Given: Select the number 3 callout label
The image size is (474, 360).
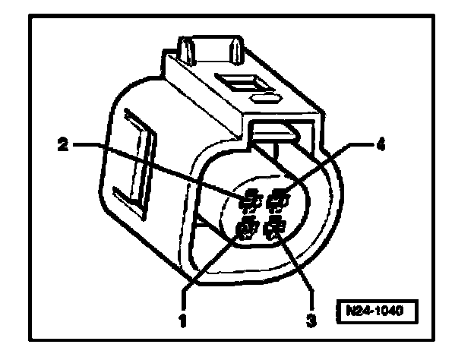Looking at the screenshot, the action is pyautogui.click(x=310, y=321).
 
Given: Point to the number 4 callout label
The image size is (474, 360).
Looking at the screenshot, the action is pyautogui.click(x=381, y=144).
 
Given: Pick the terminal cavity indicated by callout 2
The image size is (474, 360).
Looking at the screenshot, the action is pyautogui.click(x=248, y=201).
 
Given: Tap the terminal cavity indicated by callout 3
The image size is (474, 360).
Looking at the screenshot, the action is pyautogui.click(x=275, y=226).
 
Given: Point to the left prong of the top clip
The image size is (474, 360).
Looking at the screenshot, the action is pyautogui.click(x=185, y=49).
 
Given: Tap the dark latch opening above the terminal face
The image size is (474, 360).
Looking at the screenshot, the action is pyautogui.click(x=275, y=134).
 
